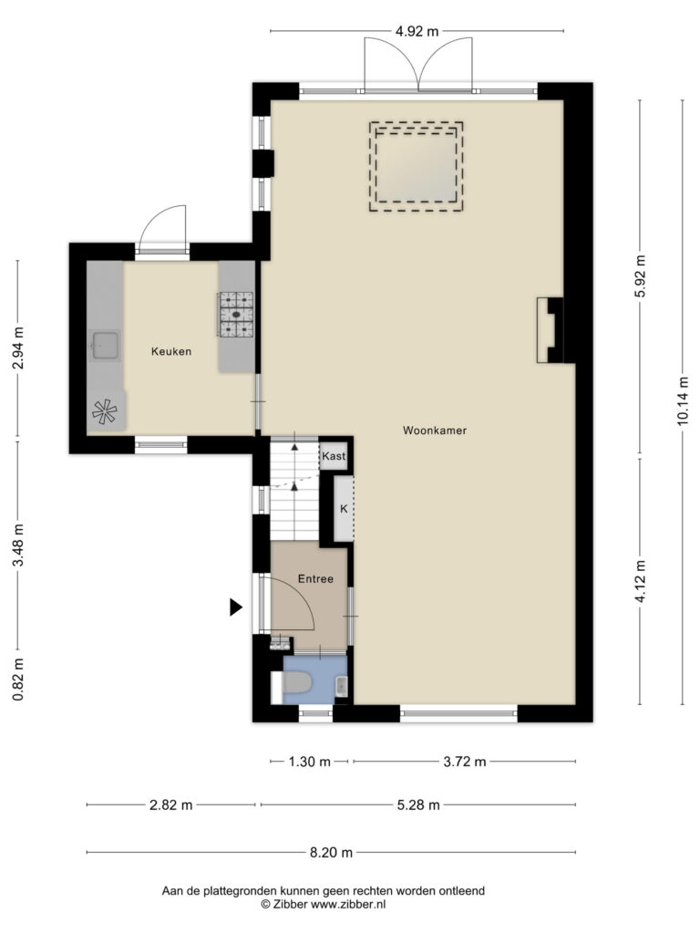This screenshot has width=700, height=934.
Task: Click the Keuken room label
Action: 171,351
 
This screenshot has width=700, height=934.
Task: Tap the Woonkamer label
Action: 435,431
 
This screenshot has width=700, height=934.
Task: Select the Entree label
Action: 315,578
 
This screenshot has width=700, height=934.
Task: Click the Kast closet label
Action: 334,456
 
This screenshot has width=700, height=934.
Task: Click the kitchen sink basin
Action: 106,346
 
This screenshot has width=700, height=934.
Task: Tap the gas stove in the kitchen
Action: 236,314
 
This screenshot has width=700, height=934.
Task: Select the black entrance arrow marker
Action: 236,607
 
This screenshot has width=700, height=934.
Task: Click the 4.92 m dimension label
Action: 417,31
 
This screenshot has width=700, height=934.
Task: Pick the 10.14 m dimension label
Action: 683,401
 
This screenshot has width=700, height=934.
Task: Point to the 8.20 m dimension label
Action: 331,853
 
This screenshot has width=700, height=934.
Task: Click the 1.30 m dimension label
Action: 310,762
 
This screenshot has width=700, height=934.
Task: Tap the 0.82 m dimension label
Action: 19,679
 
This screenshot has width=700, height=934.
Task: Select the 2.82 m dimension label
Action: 170,804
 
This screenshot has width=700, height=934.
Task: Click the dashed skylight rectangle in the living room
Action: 416,167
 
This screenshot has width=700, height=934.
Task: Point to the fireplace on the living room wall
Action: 550,330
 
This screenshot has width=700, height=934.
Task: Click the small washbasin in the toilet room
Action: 341,686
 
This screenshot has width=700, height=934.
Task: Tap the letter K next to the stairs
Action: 344,509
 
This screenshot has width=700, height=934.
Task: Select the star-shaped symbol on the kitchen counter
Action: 104,411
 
